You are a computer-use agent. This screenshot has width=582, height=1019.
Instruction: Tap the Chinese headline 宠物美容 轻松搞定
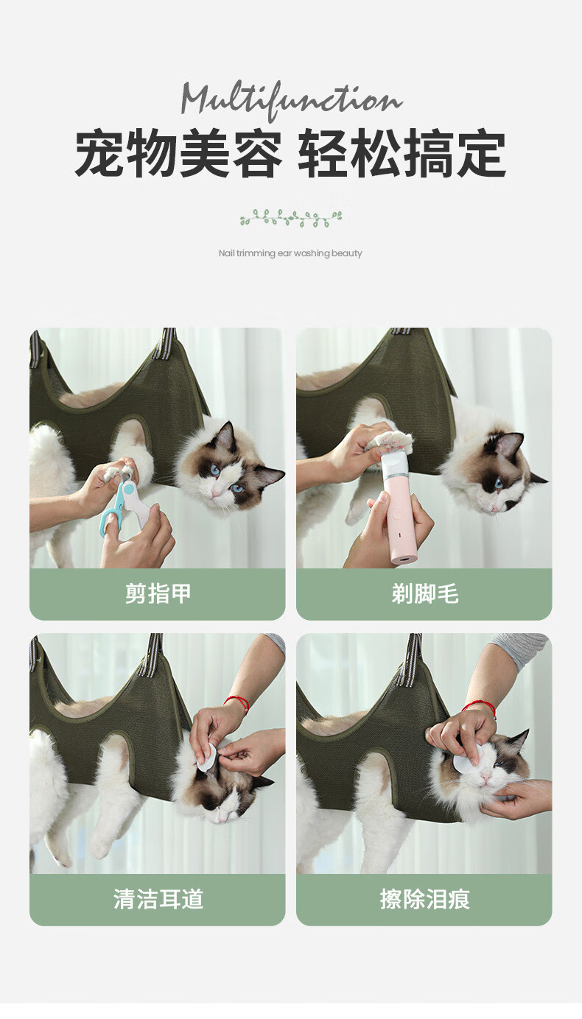(x=290, y=153)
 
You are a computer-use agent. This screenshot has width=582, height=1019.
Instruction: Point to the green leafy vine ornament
(x=291, y=219)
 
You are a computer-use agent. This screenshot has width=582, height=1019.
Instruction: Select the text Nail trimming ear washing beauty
(x=290, y=253)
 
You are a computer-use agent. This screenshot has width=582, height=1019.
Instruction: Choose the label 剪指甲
(x=158, y=593)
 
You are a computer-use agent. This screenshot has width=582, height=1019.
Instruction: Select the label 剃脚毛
(x=424, y=593)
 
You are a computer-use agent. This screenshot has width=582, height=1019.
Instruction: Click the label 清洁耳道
(x=158, y=900)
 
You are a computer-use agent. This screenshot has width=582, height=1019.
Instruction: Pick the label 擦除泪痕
(x=424, y=900)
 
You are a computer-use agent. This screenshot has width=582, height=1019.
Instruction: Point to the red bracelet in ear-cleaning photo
(x=237, y=702)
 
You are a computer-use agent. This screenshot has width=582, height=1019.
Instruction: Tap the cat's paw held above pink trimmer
(x=391, y=441)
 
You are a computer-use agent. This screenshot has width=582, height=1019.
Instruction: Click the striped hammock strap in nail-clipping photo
(x=169, y=345)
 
